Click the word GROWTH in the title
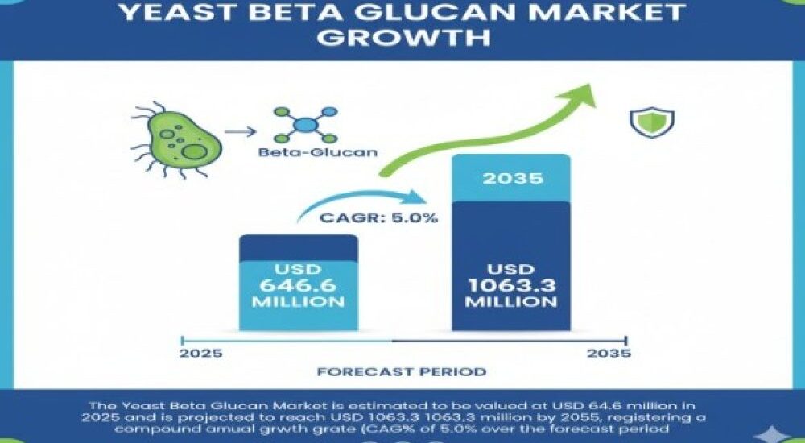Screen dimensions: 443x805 pos(402,37)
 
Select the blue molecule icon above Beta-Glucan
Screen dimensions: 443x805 pos(305,126)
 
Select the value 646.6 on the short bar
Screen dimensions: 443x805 pos(298,285)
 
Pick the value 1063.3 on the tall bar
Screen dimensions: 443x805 pos(511,286)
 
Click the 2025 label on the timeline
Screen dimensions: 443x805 pos(201,354)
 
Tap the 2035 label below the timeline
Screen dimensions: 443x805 pos(609,354)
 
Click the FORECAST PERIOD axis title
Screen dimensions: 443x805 pos(402,372)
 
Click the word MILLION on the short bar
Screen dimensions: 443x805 pos(298,302)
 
